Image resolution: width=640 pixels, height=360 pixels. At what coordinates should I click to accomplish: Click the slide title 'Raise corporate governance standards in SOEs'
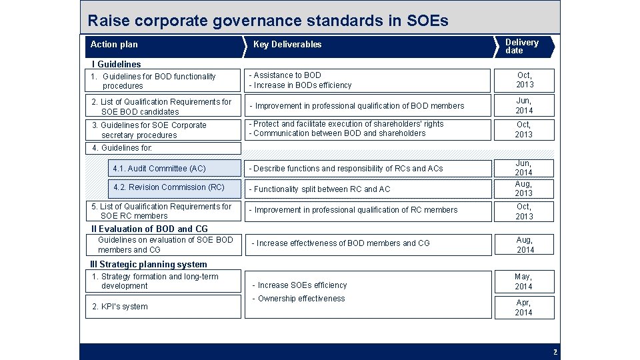click(268, 21)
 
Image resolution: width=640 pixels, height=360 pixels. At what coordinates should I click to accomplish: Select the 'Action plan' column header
click(114, 45)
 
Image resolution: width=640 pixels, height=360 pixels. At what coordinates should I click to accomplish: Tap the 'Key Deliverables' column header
click(287, 45)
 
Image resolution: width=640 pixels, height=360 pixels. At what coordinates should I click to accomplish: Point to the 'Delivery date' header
click(522, 46)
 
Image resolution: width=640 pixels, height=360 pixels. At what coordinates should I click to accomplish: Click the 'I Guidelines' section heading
click(116, 65)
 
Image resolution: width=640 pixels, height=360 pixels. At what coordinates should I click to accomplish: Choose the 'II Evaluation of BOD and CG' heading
click(149, 229)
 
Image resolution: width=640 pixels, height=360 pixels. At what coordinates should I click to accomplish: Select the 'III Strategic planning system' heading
click(148, 265)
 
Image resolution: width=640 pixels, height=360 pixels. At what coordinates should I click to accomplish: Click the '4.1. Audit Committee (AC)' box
click(159, 169)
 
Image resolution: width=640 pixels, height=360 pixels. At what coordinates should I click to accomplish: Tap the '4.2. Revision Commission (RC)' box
click(169, 187)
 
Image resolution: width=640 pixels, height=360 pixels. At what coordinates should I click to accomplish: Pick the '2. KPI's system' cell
click(120, 307)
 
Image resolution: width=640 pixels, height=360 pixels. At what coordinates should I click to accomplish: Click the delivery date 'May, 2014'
click(523, 281)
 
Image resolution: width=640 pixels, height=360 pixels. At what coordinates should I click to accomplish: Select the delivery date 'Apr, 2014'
click(523, 307)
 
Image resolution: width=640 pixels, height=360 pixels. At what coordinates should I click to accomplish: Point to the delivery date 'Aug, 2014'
click(525, 245)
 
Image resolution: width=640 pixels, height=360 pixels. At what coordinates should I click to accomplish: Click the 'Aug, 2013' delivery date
click(523, 189)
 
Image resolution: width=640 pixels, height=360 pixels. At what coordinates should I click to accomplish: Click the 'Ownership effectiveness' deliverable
click(301, 299)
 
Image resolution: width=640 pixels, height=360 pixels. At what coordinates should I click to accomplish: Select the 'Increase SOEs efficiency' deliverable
click(302, 285)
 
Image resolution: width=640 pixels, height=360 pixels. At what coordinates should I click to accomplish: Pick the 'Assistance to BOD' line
click(287, 75)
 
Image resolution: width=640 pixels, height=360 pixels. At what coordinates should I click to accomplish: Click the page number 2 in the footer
click(555, 351)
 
